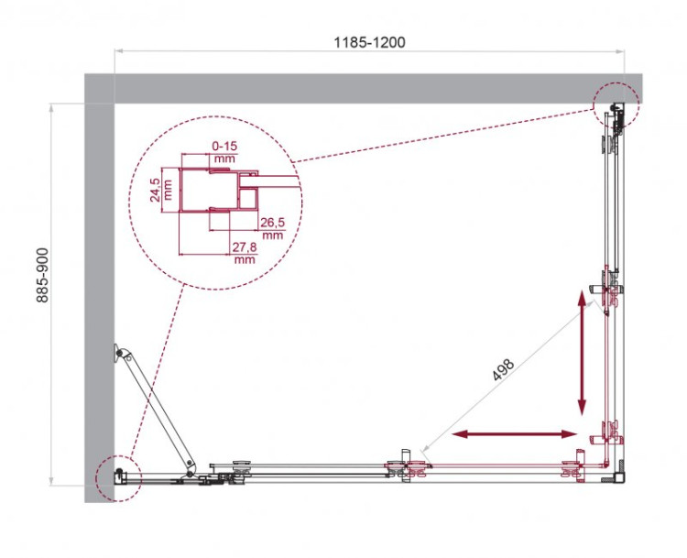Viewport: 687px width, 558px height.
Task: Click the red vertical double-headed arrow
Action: pos(581,352)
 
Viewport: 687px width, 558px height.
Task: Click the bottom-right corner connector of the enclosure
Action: pos(618,474)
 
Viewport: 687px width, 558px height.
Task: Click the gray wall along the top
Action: pos(348,88)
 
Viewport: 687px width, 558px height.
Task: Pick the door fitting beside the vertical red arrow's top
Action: pos(611,290)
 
